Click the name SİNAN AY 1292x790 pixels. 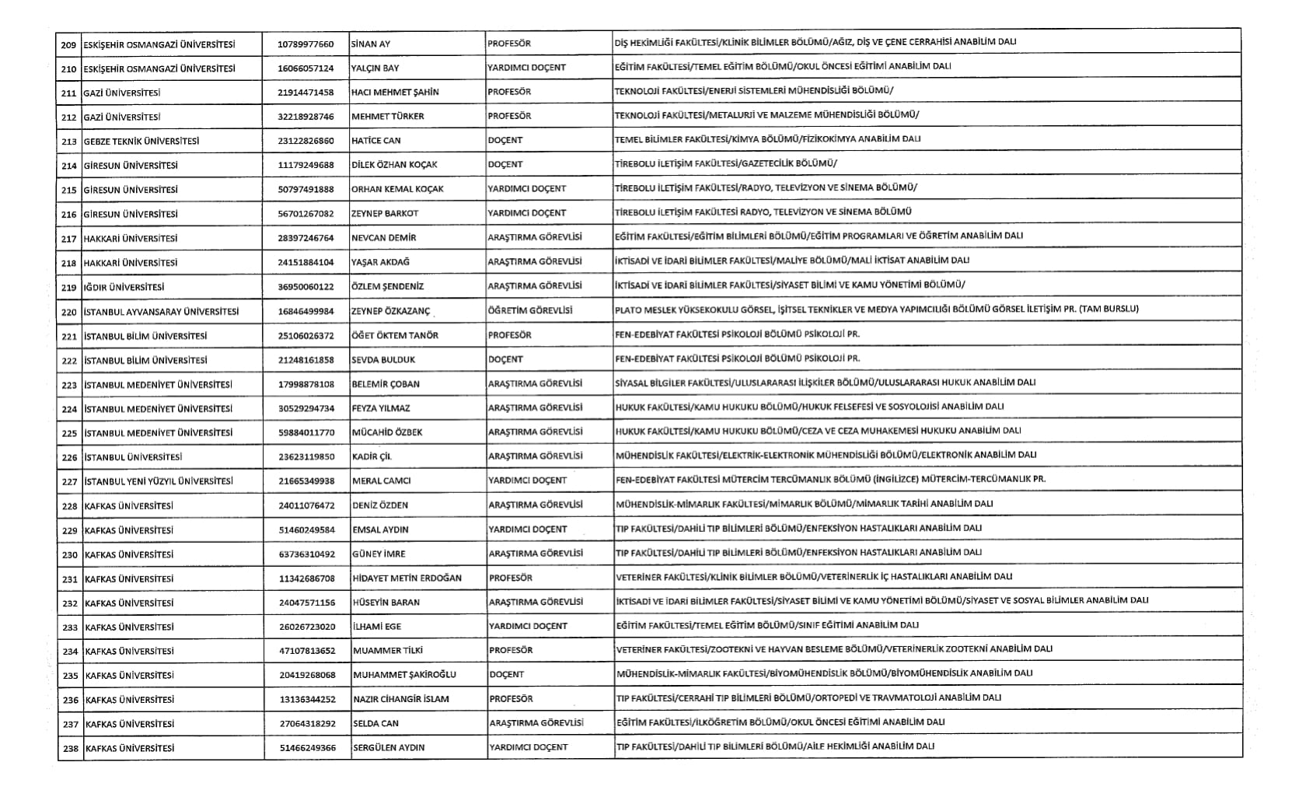pyautogui.click(x=370, y=44)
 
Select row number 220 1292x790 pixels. pyautogui.click(x=69, y=312)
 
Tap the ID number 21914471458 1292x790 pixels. pyautogui.click(x=305, y=93)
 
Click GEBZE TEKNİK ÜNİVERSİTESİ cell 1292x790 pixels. pyautogui.click(x=141, y=141)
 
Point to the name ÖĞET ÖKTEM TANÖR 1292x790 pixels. pyautogui.click(x=395, y=336)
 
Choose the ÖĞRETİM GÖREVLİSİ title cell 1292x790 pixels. pyautogui.click(x=529, y=310)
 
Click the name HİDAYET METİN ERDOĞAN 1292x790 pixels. pyautogui.click(x=407, y=579)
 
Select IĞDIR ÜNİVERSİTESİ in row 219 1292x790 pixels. pyautogui.click(x=124, y=287)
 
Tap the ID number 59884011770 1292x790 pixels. pyautogui.click(x=306, y=432)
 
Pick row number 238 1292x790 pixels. pyautogui.click(x=71, y=748)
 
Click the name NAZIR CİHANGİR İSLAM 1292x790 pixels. pyautogui.click(x=400, y=699)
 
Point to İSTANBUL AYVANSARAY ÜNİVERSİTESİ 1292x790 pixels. pyautogui.click(x=161, y=312)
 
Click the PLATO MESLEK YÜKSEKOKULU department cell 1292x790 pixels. pyautogui.click(x=876, y=309)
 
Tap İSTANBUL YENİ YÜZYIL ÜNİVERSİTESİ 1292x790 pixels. pyautogui.click(x=159, y=481)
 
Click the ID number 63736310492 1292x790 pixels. pyautogui.click(x=307, y=554)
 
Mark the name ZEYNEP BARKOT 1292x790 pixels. pyautogui.click(x=385, y=213)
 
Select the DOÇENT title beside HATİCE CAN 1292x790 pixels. pyautogui.click(x=505, y=140)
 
